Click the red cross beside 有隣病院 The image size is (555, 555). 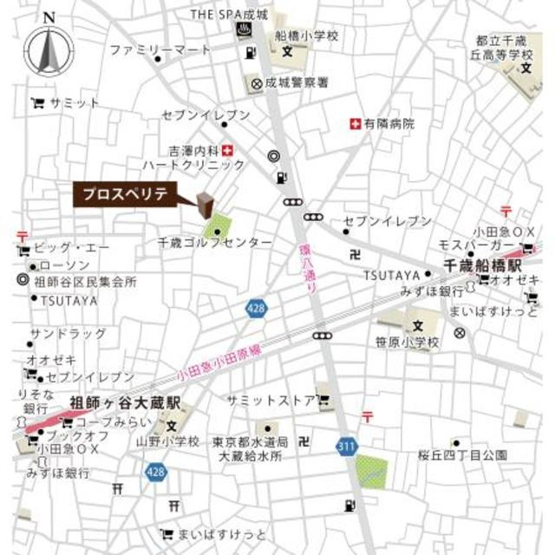tap(354, 124)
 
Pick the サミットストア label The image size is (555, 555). tap(269, 401)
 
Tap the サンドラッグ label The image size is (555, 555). tap(69, 334)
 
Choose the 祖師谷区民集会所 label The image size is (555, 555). tap(86, 281)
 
